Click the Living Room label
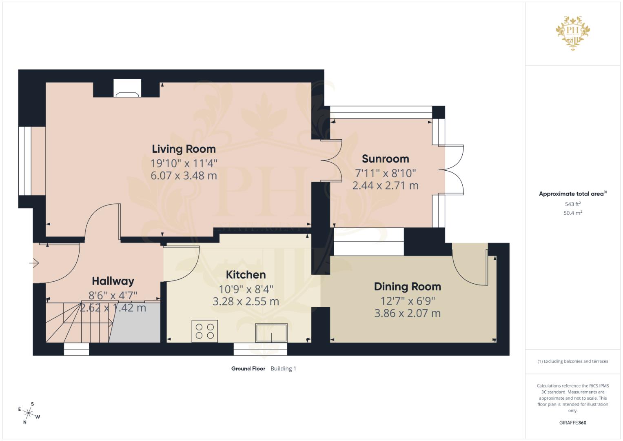tap(184, 149)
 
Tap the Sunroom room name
tap(386, 159)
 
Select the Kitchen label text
tap(246, 275)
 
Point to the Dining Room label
tap(408, 287)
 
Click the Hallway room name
tap(113, 281)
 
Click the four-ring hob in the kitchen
tap(205, 331)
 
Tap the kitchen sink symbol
tap(271, 332)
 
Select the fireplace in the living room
tap(127, 88)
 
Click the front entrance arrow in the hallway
tap(34, 263)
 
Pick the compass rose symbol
tap(29, 413)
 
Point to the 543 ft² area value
tap(573, 204)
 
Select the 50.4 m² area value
tap(573, 213)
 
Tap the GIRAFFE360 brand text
tap(573, 423)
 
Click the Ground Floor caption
tap(248, 369)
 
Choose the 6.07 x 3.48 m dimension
tap(184, 176)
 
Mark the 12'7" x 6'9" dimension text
tap(408, 301)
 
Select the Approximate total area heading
tap(573, 194)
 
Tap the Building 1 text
tap(283, 369)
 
